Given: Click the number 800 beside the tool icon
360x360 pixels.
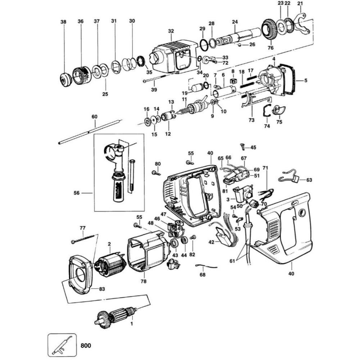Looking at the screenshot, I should click(x=86, y=346).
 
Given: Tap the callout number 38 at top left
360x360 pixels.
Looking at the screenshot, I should click(x=63, y=22).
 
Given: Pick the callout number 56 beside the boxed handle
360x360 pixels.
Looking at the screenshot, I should click(x=76, y=193).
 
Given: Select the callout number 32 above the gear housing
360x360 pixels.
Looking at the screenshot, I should click(x=171, y=31).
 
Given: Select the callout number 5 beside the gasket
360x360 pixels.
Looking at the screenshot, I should click(x=306, y=81).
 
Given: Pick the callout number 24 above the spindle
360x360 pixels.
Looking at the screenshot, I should click(x=235, y=22).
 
